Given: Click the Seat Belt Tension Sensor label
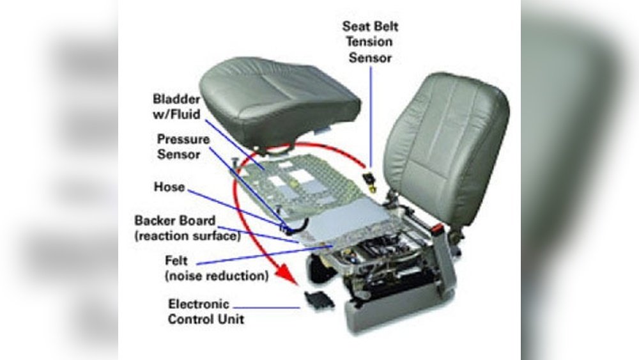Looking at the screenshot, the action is (370, 42).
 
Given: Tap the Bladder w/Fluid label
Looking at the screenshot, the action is (176, 106).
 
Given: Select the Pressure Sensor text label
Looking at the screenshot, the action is (183, 147).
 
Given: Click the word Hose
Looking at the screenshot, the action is (169, 187).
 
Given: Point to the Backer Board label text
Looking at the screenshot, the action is (187, 228).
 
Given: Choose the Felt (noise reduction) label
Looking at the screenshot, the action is (217, 268).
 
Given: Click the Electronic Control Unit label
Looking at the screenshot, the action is (206, 311).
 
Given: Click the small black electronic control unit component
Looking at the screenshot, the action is (319, 300).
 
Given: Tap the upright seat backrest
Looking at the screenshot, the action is (447, 147).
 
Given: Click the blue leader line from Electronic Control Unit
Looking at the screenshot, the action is (266, 308).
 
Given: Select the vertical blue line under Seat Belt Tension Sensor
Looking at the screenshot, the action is (371, 116).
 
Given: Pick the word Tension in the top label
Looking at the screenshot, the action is (369, 42).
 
